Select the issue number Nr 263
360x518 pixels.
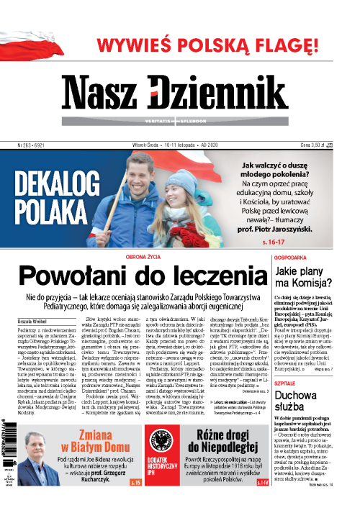coord(25,145)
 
